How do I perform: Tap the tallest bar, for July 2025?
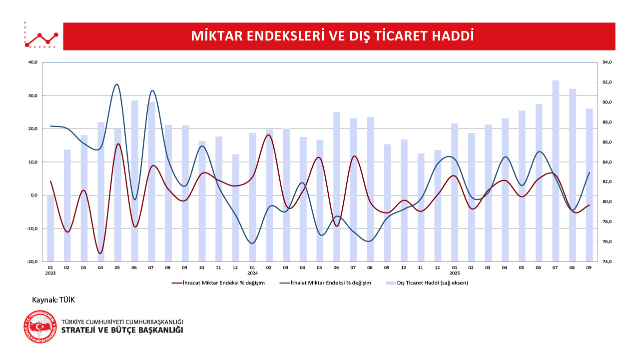click(x=556, y=170)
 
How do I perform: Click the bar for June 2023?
click(x=134, y=180)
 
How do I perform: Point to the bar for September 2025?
click(x=590, y=185)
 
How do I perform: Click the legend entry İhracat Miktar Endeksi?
click(x=218, y=283)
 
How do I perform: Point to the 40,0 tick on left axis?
click(x=33, y=62)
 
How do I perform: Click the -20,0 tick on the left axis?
click(x=32, y=261)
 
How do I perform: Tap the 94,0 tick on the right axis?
click(x=607, y=62)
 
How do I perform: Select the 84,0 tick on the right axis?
click(x=607, y=162)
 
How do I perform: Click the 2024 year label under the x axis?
click(x=252, y=273)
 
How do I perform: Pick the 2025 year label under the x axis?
click(x=454, y=273)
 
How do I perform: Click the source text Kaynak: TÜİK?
click(x=53, y=300)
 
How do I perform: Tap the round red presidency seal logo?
click(x=40, y=326)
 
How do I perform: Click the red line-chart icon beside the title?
click(x=41, y=36)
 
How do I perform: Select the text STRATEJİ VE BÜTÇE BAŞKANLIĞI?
click(x=122, y=330)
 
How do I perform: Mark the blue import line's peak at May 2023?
click(x=117, y=84)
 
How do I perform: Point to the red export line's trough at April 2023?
click(x=100, y=253)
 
